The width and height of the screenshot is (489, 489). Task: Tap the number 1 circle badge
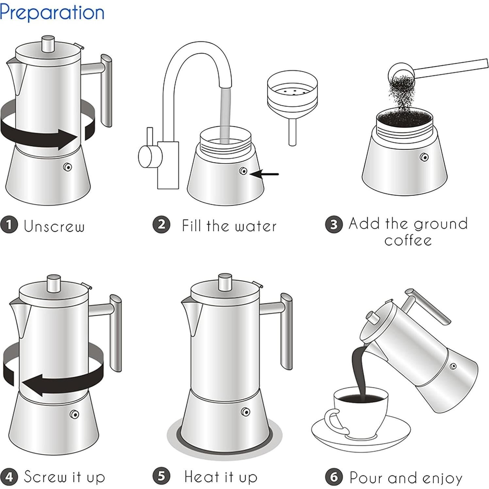9,225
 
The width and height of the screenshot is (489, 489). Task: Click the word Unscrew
54,226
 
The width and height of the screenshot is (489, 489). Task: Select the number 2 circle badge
161,225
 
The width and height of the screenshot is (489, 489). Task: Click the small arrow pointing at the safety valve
265,174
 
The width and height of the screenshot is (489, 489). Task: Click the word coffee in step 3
408,241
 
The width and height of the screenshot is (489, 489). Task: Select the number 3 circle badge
334,225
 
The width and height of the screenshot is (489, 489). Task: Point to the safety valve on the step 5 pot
245,412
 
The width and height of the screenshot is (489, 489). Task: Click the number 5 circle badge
161,476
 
